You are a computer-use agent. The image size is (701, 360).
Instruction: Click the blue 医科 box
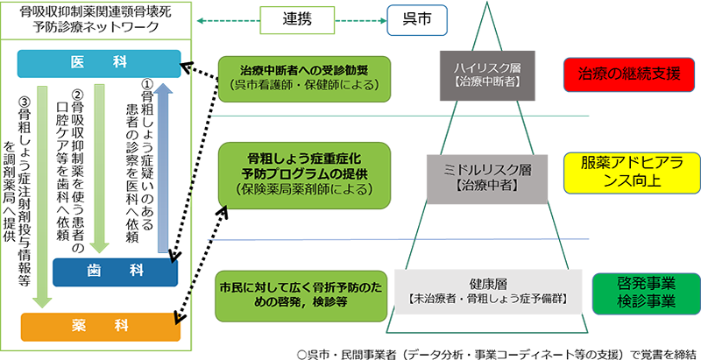(x=99, y=64)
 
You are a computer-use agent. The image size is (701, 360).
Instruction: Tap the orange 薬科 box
(x=98, y=326)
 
